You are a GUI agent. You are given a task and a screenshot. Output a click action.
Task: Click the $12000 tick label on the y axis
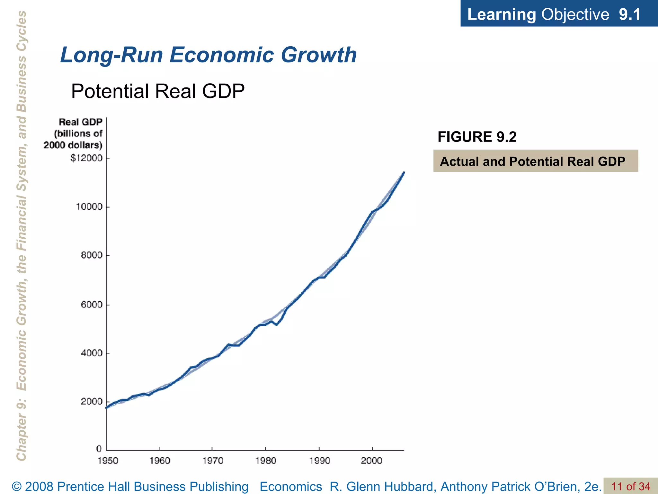tap(86, 158)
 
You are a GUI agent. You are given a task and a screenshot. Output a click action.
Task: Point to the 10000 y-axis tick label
tap(89, 207)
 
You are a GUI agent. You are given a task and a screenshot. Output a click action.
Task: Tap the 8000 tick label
tap(92, 255)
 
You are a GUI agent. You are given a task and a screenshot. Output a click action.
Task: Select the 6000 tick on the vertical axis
tap(92, 305)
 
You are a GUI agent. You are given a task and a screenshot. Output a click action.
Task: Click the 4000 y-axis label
tap(92, 353)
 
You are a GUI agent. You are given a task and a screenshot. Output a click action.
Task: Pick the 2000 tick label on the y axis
tap(92, 402)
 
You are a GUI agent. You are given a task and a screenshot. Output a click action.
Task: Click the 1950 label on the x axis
tap(108, 461)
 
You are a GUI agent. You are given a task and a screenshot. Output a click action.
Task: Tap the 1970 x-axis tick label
tap(212, 461)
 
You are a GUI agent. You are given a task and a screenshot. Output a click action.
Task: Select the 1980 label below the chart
tap(266, 461)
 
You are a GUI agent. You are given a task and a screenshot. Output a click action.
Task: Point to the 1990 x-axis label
tap(319, 461)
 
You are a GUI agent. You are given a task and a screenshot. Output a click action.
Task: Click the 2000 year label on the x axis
tap(371, 461)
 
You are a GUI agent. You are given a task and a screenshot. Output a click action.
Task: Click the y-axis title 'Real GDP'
tap(80, 122)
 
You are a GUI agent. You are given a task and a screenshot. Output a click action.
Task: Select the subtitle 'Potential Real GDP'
tap(158, 91)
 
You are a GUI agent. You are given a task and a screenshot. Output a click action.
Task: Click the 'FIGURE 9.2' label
tap(477, 137)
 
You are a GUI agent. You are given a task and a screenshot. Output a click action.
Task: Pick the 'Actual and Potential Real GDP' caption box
tap(535, 161)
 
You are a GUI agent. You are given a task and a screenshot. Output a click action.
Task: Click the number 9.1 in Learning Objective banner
tap(629, 14)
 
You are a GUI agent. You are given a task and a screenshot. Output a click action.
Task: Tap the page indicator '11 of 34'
tap(630, 487)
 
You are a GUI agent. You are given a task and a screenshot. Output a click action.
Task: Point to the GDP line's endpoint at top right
tap(404, 173)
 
